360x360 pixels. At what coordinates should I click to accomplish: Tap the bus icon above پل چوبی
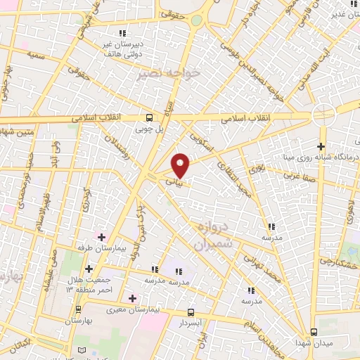(x=149, y=118)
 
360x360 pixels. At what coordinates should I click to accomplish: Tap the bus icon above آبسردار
(x=191, y=311)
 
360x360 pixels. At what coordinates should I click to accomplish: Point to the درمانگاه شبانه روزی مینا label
(x=321, y=158)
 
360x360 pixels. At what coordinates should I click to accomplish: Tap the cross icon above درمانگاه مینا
(x=321, y=146)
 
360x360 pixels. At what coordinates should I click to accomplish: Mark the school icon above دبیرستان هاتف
(x=122, y=32)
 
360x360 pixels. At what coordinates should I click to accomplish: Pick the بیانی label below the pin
(x=173, y=181)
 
